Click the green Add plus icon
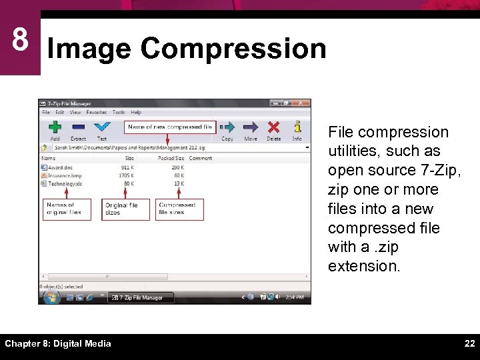pyautogui.click(x=55, y=127)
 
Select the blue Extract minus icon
pyautogui.click(x=78, y=127)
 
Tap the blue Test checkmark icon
pyautogui.click(x=101, y=127)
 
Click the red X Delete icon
pyautogui.click(x=273, y=127)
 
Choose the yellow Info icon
pyautogui.click(x=297, y=126)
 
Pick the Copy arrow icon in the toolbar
pyautogui.click(x=227, y=127)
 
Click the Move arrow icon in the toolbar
pyautogui.click(x=251, y=127)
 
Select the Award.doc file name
pyautogui.click(x=59, y=167)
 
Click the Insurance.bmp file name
pyautogui.click(x=64, y=175)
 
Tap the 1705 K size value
pyautogui.click(x=126, y=175)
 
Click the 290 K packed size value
pyautogui.click(x=178, y=167)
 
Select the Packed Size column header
pyautogui.click(x=171, y=158)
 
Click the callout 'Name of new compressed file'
pyautogui.click(x=170, y=127)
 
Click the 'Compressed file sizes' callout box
pyautogui.click(x=179, y=209)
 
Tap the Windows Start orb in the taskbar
pyautogui.click(x=50, y=297)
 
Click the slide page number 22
pyautogui.click(x=469, y=343)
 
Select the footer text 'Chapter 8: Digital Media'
pyautogui.click(x=58, y=343)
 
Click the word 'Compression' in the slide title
pyautogui.click(x=233, y=49)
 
